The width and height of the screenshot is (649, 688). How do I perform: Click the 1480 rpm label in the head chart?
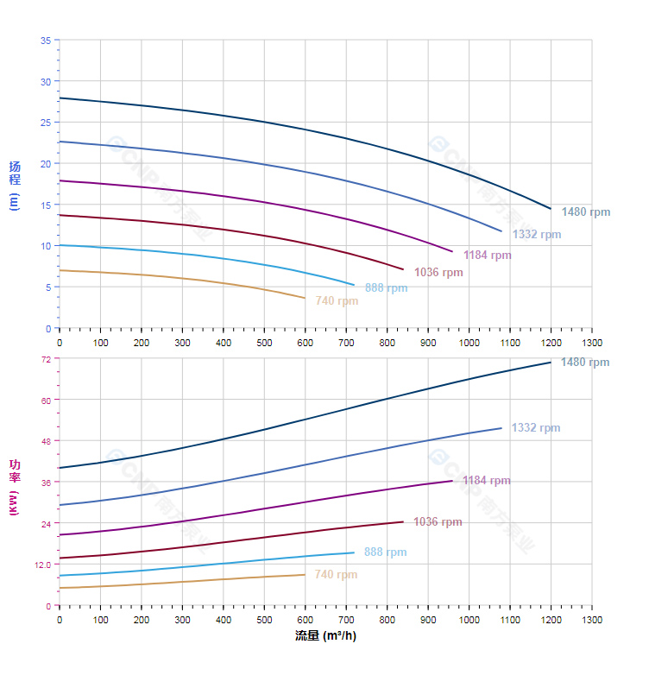[585, 212]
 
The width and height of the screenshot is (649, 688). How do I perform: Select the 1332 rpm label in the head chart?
[536, 235]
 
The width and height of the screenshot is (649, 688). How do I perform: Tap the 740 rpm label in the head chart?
[337, 301]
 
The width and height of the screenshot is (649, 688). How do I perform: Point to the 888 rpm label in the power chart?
[385, 552]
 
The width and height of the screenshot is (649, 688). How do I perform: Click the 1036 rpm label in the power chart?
[438, 522]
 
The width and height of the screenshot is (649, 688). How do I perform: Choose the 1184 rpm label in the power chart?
[486, 481]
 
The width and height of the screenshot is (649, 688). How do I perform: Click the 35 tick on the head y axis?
[45, 40]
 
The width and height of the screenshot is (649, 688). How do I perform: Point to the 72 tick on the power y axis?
[45, 359]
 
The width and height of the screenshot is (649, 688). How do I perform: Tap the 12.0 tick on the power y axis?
[42, 565]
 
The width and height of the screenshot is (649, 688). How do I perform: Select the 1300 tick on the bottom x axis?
[592, 620]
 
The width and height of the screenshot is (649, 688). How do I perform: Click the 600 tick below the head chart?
[306, 343]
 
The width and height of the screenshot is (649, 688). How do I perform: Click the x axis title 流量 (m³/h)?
[325, 636]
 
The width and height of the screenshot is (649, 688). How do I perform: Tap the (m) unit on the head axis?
[14, 202]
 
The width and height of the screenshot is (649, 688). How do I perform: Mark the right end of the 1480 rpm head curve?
[551, 209]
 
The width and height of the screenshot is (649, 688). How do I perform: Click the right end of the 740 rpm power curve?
[305, 575]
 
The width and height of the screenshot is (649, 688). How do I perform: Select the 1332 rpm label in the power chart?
[535, 428]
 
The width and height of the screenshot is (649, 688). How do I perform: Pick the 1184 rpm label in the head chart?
[487, 256]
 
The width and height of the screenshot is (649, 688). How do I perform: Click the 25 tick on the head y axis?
[45, 123]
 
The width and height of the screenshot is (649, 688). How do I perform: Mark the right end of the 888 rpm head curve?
[354, 285]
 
